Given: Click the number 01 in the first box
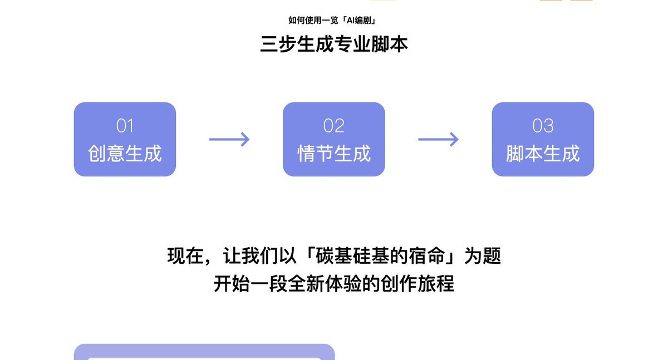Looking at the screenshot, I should [125, 126].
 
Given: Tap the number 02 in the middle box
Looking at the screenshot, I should [334, 126].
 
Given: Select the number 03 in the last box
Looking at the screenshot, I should [543, 126].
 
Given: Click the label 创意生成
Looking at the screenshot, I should [125, 154].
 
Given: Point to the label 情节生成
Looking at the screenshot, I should [334, 154].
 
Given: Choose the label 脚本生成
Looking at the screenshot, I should [543, 154].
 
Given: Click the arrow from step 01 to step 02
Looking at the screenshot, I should [229, 139].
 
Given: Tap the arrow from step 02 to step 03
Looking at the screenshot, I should [438, 139].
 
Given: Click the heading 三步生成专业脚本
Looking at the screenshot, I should [334, 44].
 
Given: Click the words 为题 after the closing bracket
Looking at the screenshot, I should [483, 257].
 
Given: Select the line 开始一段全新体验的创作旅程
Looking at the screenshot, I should [334, 284].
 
